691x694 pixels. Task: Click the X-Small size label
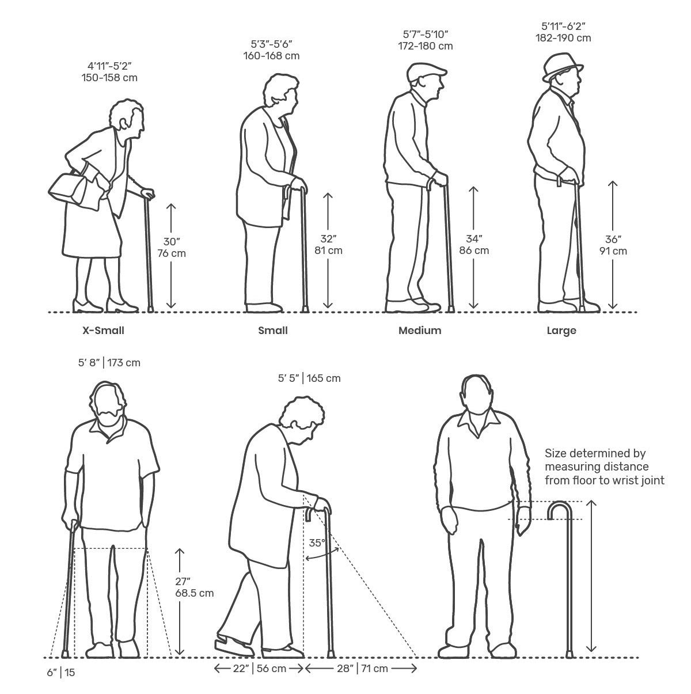click(x=103, y=330)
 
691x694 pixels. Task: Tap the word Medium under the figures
click(x=420, y=330)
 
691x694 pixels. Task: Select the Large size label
click(x=561, y=331)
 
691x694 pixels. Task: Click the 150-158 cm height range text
click(x=109, y=78)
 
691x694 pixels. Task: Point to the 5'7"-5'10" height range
click(x=426, y=35)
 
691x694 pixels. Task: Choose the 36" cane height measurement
click(x=613, y=239)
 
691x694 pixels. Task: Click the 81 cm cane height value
click(x=328, y=251)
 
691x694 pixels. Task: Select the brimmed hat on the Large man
click(x=563, y=67)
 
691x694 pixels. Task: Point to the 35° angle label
click(x=317, y=543)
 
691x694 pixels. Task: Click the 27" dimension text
click(x=183, y=582)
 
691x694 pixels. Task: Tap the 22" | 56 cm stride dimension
click(x=259, y=669)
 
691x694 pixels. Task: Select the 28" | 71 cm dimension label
click(x=362, y=669)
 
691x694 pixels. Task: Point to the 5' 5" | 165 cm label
click(x=309, y=378)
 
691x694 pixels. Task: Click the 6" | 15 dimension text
click(x=61, y=672)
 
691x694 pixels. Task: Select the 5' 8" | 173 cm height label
click(x=109, y=363)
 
